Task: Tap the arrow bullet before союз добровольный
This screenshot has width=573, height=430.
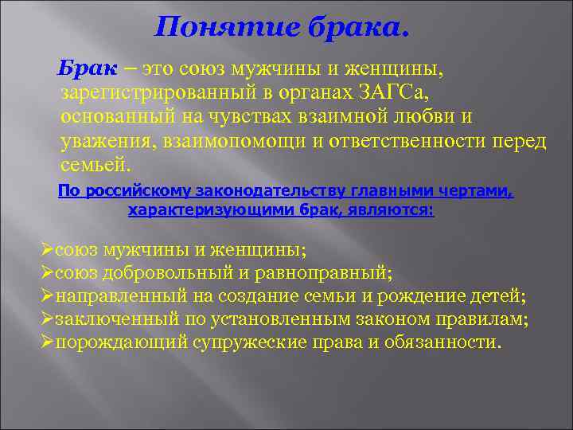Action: coord(47,273)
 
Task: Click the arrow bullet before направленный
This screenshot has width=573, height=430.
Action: coord(47,296)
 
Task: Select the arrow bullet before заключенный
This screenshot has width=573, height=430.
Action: coord(47,319)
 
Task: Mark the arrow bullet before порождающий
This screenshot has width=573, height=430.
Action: coord(47,342)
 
